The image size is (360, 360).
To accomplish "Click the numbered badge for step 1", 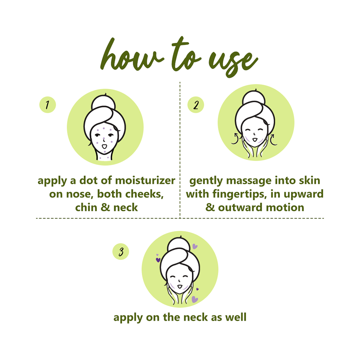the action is tap(48, 105).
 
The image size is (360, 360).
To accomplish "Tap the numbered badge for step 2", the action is tap(195, 105).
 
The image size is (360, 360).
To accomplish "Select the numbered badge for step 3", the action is tap(121, 252).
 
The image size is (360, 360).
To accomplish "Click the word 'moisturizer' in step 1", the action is tap(145, 180).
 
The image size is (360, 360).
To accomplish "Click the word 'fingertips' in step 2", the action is tap(240, 194).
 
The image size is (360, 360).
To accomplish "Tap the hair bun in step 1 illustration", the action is tap(103, 102).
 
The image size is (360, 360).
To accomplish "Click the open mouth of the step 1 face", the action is tap(104, 146).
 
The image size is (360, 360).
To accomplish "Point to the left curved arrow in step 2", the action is tap(235, 139).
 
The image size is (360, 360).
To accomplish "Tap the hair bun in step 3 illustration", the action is tap(179, 245).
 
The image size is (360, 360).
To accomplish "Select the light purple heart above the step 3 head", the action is tap(195, 246).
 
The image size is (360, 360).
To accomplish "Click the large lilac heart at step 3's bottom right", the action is tap(194, 299).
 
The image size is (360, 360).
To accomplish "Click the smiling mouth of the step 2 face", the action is tap(255, 140).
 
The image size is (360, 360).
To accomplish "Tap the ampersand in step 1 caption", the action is tap(105, 208).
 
